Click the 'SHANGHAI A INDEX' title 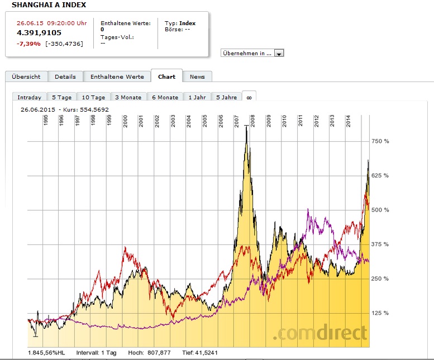[49, 5]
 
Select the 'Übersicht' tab [26, 76]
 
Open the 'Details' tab [65, 76]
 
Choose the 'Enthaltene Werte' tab [117, 76]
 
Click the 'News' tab [197, 76]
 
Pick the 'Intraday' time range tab [29, 97]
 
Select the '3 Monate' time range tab [128, 97]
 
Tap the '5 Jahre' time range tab [226, 97]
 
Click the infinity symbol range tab [249, 97]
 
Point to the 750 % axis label [380, 141]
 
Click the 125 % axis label [380, 313]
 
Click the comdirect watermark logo [321, 333]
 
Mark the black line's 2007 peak [246, 127]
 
